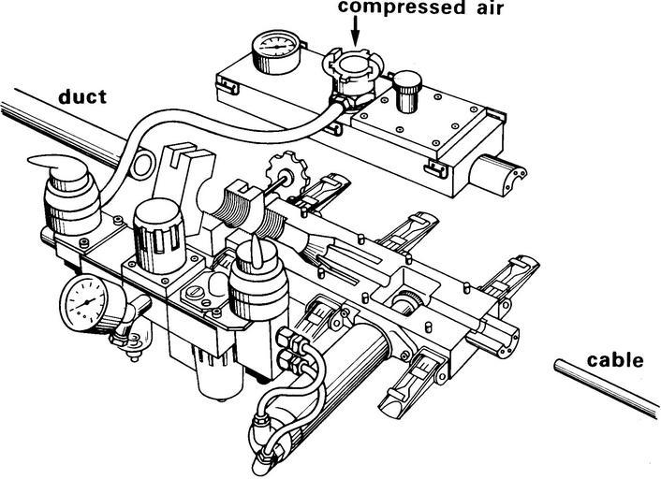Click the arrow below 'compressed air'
tap(357, 33)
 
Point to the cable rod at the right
tap(609, 385)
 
